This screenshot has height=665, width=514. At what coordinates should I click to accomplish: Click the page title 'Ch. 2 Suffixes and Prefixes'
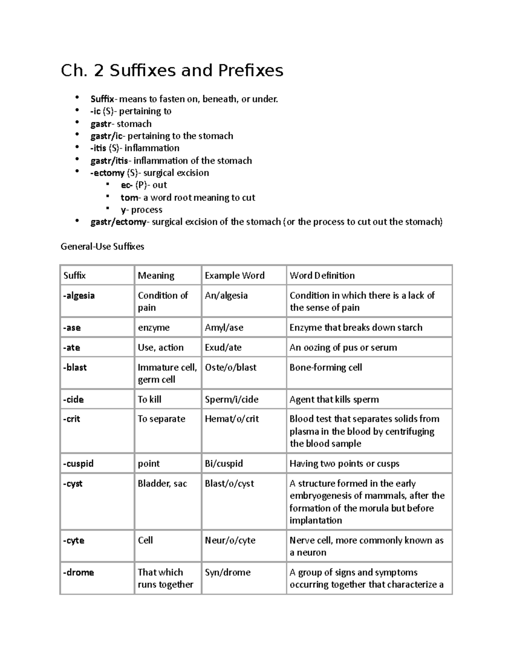coord(172,71)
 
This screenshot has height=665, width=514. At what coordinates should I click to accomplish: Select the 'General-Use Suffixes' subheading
coord(102,247)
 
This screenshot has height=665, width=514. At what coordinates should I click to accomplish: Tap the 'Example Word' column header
coord(234,275)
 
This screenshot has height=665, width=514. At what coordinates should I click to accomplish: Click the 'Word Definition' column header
coord(322,275)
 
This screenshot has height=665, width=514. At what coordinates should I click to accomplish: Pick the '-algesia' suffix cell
coord(79,295)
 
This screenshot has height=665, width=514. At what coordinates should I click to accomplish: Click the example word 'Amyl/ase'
coord(224,328)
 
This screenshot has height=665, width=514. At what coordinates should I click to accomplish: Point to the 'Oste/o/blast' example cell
coord(230,367)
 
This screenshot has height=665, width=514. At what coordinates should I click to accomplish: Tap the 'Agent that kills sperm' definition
coord(334,400)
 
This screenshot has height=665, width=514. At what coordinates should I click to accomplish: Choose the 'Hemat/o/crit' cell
coord(232,419)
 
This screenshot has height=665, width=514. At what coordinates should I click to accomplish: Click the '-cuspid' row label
coord(78,464)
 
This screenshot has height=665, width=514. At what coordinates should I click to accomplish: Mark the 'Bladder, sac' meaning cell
coord(162,483)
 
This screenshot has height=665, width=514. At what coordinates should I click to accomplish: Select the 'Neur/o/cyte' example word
coord(230,540)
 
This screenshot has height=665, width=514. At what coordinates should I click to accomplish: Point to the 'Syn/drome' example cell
coord(227,573)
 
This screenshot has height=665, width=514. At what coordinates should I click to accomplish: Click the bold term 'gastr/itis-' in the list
coord(110,161)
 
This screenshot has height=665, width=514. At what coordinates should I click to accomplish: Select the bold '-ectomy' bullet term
coord(108,173)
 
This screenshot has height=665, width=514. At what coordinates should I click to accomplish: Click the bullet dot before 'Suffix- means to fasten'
coord(77,98)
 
